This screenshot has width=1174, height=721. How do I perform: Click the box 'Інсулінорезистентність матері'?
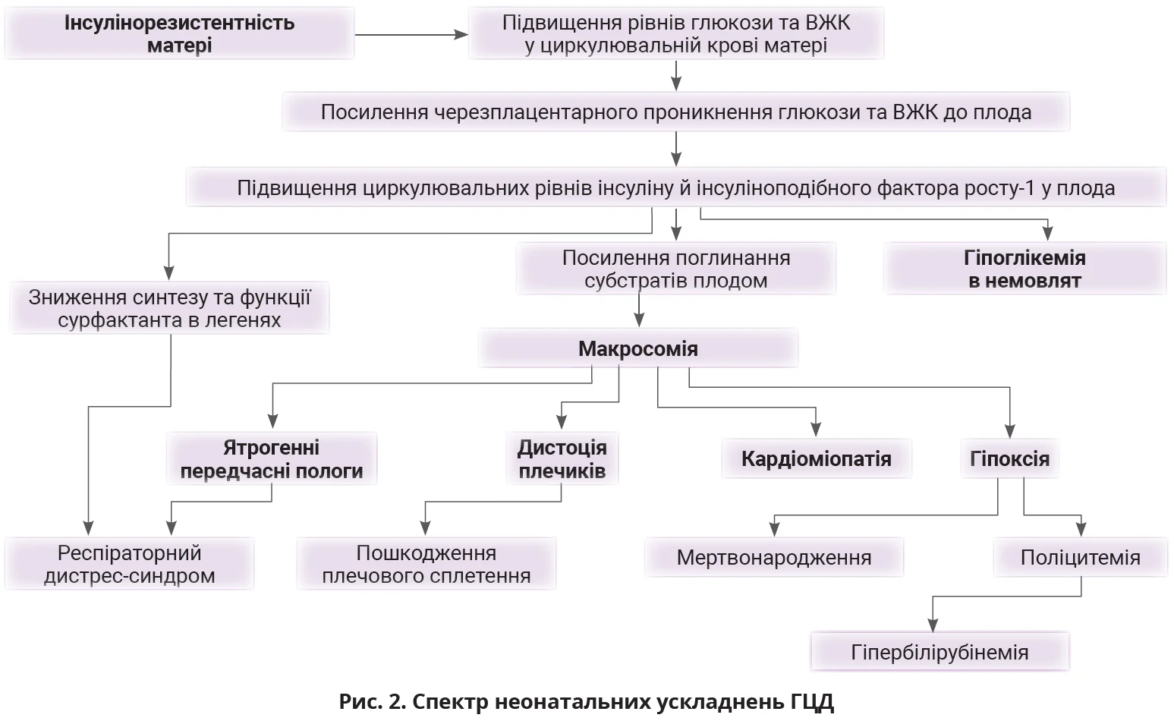[179, 34]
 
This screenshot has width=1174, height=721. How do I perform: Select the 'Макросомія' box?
[637, 349]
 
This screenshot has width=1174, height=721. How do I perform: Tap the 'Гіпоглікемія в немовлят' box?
[1024, 269]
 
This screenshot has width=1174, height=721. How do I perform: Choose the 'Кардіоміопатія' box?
[816, 458]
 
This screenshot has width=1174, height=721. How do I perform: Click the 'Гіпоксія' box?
[1009, 458]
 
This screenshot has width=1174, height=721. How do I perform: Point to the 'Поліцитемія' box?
[1080, 558]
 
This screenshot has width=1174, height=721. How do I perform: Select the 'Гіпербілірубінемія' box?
[940, 652]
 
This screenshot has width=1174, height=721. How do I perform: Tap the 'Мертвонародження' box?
[773, 558]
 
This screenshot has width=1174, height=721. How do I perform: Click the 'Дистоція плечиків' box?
[562, 459]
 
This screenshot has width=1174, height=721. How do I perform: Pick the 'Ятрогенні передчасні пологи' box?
[272, 459]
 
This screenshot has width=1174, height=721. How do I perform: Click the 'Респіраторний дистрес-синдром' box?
[129, 564]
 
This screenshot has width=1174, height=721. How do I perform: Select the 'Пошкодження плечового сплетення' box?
[426, 564]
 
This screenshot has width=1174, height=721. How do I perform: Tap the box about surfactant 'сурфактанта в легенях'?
[169, 308]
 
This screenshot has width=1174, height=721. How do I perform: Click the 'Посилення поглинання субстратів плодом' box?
[675, 269]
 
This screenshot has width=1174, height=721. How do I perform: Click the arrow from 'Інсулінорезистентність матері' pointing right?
[410, 34]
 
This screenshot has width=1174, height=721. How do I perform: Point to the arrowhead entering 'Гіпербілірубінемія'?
[933, 625]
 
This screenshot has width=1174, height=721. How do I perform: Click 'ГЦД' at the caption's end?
[811, 701]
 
